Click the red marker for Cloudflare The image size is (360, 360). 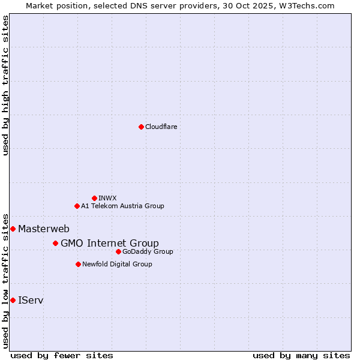pos(141,127)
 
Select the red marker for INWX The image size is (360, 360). pos(94,198)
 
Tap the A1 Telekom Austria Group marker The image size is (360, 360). pos(77,206)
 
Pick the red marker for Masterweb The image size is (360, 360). pos(13,229)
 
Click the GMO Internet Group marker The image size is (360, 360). pos(55,243)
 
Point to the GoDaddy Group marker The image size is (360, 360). pos(118,251)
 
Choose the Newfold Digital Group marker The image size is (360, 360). pos(78,264)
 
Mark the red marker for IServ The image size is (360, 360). pos(13,300)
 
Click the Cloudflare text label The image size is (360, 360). pos(161,127)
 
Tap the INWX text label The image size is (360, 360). pos(107,198)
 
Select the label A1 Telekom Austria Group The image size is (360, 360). pos(122,206)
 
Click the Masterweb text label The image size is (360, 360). pos(44,229)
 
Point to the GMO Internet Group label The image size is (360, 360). pos(110,243)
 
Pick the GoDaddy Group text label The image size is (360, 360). pos(148,251)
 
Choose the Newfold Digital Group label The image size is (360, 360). pos(117,264)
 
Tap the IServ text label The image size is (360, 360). pos(31,300)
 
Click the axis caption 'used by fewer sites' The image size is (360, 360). pos(62,355)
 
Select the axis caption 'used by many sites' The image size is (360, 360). pos(301,355)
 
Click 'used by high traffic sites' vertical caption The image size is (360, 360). pos(6,85)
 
